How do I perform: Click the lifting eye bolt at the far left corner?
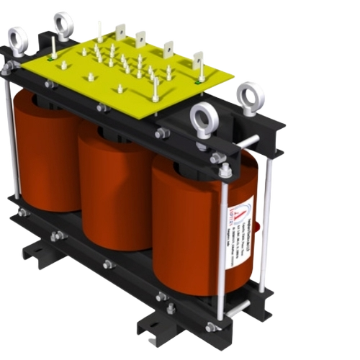17,40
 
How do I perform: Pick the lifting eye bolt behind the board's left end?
63,25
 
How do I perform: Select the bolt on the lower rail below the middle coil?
108,264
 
